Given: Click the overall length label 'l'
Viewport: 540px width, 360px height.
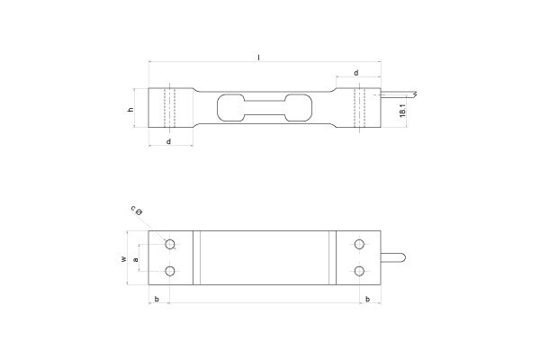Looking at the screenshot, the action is point(259,58).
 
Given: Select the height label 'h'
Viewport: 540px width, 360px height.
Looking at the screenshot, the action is point(130,110).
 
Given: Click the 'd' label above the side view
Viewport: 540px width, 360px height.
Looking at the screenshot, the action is point(356,73).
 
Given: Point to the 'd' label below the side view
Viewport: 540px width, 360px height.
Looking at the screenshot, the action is point(169,141).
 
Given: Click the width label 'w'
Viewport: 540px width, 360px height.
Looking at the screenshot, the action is point(123,259).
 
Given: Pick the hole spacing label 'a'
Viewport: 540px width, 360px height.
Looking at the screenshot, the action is point(136,259).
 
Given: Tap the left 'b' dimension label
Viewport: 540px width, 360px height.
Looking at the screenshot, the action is point(157,299).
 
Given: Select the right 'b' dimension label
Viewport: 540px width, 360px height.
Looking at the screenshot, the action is point(367,299).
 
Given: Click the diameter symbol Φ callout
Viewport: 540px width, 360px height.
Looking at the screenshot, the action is point(139,211).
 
